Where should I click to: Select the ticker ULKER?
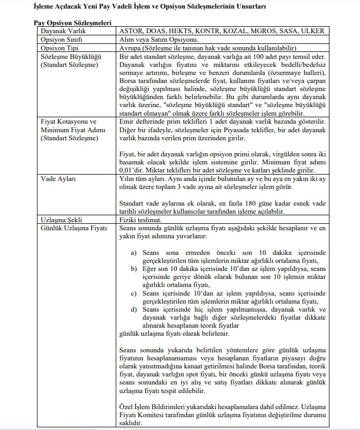click(x=313, y=32)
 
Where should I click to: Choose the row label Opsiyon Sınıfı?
click(x=63, y=40)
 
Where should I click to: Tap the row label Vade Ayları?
click(x=59, y=178)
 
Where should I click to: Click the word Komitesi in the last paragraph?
click(x=159, y=415)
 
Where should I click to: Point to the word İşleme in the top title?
click(x=46, y=6)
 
